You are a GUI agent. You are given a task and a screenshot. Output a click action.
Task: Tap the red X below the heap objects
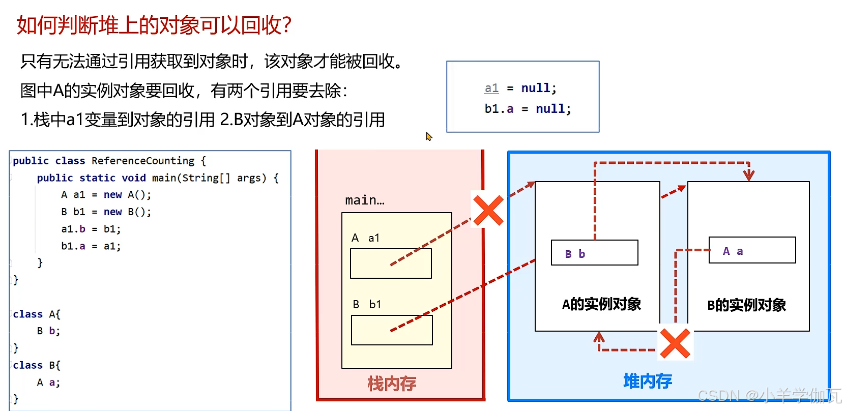[x=675, y=343]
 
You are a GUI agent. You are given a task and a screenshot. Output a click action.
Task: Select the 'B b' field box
[x=594, y=253]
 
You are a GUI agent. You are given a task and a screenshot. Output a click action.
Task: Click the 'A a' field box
[x=752, y=250]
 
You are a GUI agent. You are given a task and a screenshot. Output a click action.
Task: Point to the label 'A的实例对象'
[x=601, y=304]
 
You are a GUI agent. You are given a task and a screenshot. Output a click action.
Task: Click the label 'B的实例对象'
[x=746, y=305]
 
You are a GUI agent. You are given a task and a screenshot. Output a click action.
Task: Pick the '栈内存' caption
[x=392, y=384]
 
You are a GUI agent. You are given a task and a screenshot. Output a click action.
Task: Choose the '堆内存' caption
[x=648, y=381]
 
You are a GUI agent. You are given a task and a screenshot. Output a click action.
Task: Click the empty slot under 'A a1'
[x=391, y=263]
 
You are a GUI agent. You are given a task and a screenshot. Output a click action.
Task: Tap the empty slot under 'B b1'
[x=392, y=330]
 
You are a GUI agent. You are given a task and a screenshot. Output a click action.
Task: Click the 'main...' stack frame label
[x=365, y=200]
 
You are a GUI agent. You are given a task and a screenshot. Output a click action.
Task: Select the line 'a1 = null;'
[x=520, y=89]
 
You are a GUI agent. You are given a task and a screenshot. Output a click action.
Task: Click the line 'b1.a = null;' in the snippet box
[x=528, y=109]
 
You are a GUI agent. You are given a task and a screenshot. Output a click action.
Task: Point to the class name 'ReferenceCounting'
[x=143, y=161]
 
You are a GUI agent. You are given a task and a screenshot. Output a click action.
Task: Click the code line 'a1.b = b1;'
[x=91, y=229]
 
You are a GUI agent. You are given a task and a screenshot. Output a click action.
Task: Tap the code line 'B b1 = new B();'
[x=106, y=212]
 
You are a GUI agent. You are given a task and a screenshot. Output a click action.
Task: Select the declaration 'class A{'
[x=37, y=314]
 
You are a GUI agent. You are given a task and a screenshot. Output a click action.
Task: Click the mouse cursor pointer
[x=429, y=136]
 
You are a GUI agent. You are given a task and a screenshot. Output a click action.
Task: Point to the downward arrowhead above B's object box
[x=748, y=175]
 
